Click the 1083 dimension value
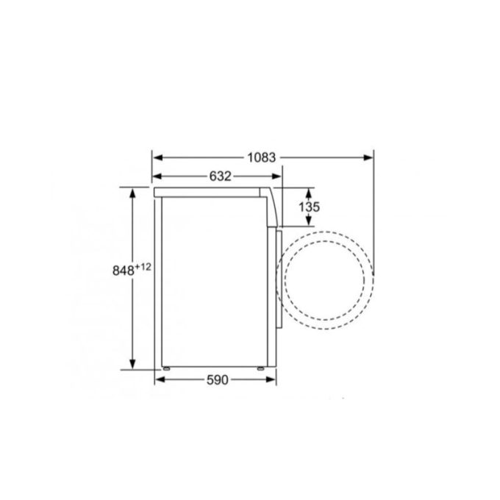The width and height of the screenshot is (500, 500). (x=261, y=157)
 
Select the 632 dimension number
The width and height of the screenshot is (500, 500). (x=220, y=176)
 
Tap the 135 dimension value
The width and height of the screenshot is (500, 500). (x=310, y=207)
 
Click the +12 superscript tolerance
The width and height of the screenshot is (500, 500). (x=143, y=266)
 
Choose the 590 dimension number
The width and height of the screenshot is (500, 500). (x=216, y=379)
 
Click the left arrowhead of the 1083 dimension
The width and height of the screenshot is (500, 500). (x=157, y=157)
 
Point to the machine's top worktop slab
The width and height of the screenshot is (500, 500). (x=213, y=192)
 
